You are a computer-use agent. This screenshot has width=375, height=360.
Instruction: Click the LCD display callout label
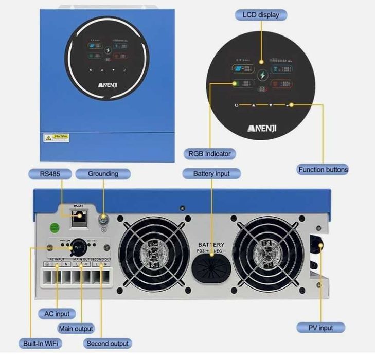coord(261,15)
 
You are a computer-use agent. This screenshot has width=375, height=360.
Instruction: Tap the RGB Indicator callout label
coord(209,153)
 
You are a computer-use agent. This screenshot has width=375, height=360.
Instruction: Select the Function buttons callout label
coord(323,169)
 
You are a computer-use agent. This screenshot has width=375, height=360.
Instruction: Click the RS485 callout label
coord(50,174)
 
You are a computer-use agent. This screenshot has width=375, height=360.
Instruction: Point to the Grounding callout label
coord(103,174)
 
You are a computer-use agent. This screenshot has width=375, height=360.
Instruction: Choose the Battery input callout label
coord(211,174)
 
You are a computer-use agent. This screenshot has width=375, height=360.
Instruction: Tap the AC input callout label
coord(57,313)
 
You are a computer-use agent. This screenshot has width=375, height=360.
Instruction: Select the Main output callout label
coord(76,328)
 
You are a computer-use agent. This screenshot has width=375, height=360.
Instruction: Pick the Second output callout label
coord(108,343)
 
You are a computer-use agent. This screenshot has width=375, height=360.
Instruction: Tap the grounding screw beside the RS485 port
coord(103,219)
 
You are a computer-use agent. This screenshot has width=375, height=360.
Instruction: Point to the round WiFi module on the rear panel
coord(78,246)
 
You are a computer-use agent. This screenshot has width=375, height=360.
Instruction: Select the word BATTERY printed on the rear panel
coord(211,244)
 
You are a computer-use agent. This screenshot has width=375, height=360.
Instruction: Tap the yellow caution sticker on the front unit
coord(56,137)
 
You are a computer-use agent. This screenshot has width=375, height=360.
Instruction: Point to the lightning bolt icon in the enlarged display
coord(262,76)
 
